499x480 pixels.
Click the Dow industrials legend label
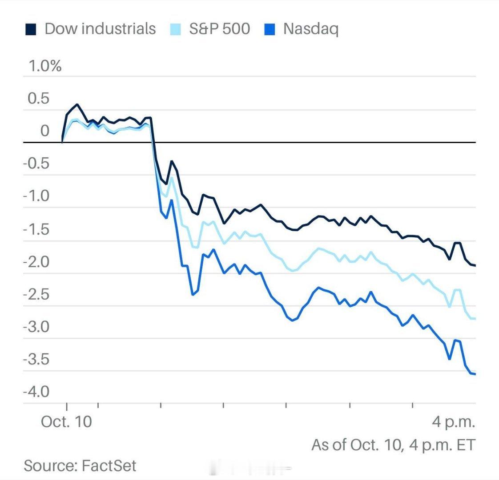(100, 29)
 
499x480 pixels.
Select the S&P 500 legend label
(219, 29)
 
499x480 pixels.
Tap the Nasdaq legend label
(310, 29)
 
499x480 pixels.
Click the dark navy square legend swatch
(31, 30)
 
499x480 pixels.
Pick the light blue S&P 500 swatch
(176, 30)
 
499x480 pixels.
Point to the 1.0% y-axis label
(44, 66)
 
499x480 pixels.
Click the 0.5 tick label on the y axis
(39, 99)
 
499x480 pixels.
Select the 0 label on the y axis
(45, 131)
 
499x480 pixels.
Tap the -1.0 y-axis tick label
(36, 196)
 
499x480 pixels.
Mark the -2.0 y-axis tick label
(36, 262)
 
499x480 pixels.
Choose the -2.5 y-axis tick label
(36, 294)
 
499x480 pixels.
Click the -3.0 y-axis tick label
(36, 327)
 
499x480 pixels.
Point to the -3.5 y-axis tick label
(36, 360)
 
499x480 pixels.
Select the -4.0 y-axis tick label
(36, 392)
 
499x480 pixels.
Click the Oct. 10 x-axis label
(66, 421)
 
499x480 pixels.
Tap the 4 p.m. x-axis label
(454, 421)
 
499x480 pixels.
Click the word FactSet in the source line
(109, 466)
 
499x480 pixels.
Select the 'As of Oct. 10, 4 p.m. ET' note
(393, 444)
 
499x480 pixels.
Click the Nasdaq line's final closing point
(475, 374)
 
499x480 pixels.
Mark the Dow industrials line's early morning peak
(77, 104)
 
